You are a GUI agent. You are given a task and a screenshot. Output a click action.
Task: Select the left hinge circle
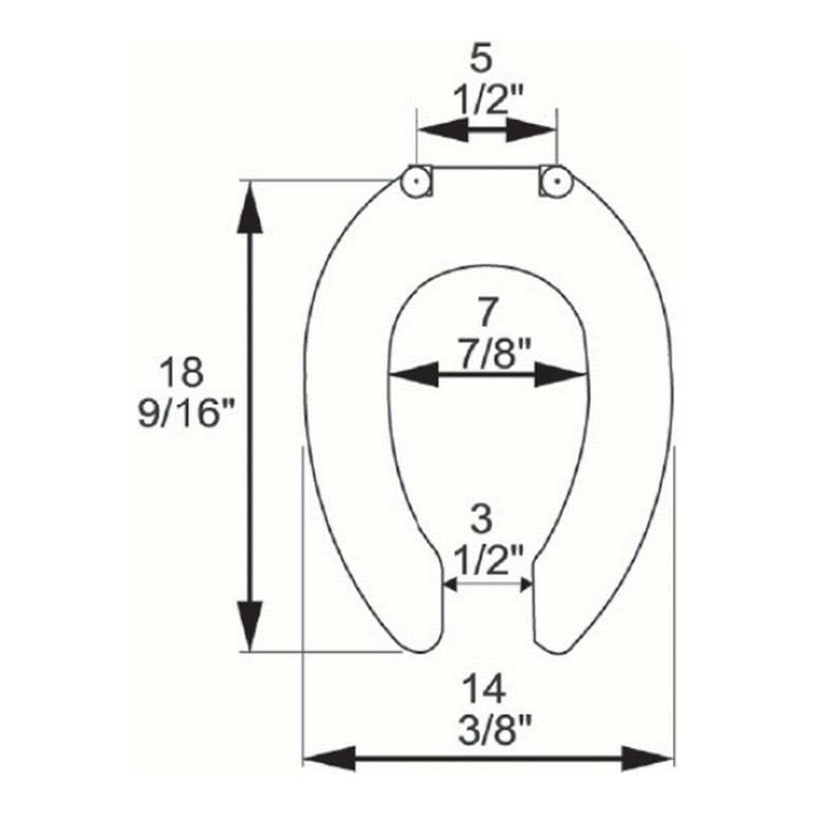point(416,182)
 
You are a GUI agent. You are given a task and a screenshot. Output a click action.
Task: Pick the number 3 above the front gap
point(484,520)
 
